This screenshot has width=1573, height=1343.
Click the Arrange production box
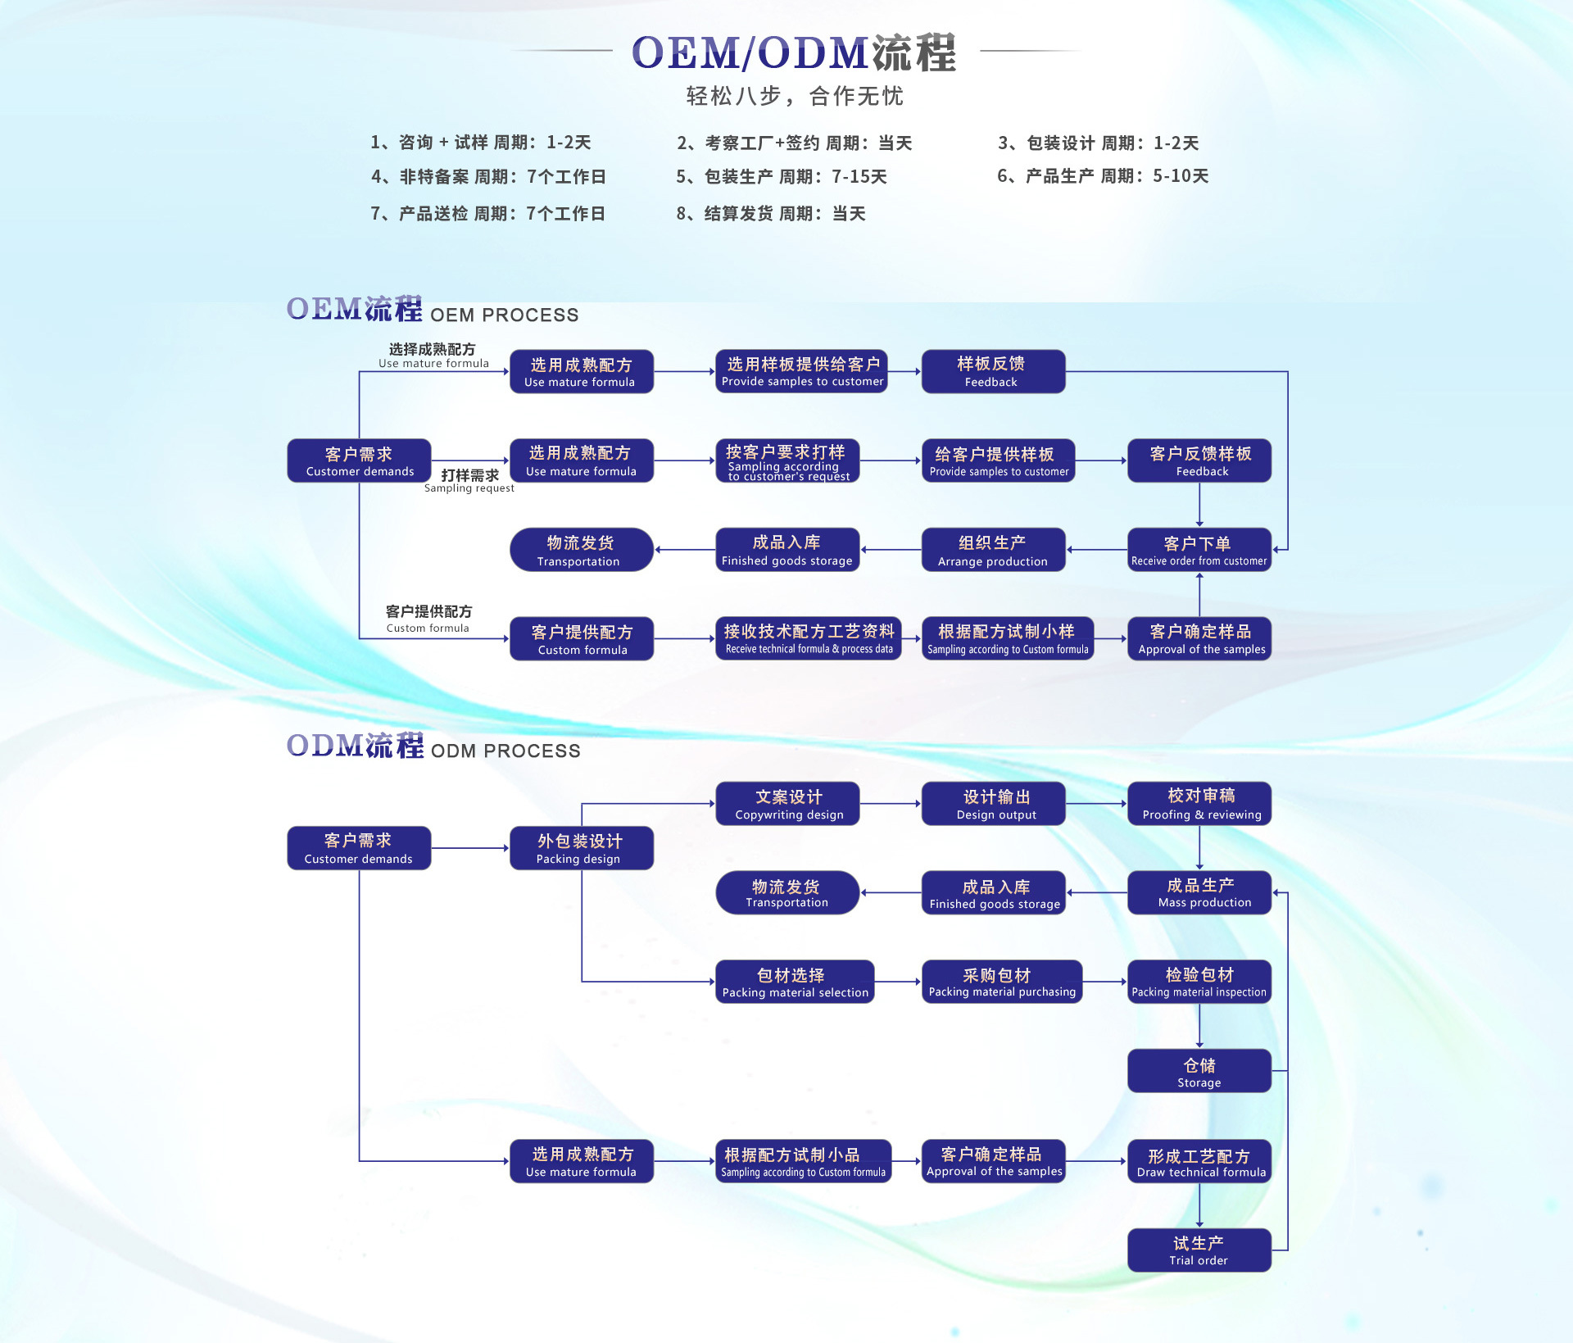(x=993, y=550)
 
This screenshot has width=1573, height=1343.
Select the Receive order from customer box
(x=1199, y=550)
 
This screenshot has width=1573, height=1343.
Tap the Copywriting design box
(x=787, y=804)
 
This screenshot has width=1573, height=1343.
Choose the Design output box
(x=993, y=804)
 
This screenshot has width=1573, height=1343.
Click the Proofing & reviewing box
(x=1199, y=804)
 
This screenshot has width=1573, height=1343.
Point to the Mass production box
(x=1199, y=892)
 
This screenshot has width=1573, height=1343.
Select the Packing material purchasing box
(x=1001, y=982)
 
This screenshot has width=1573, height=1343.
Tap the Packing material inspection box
(x=1199, y=982)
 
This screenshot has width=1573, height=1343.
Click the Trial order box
(x=1199, y=1250)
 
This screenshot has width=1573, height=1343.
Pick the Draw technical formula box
(x=1199, y=1162)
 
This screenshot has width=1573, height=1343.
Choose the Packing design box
(x=581, y=848)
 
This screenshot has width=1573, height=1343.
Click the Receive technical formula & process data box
(x=809, y=639)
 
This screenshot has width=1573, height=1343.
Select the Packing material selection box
(x=795, y=982)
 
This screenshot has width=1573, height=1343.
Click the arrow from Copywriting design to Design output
(x=891, y=804)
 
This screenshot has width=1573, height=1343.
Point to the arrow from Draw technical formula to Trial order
(x=1199, y=1206)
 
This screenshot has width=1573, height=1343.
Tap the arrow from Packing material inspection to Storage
(x=1199, y=1026)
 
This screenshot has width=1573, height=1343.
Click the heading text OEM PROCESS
(x=504, y=315)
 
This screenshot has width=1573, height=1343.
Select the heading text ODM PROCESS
(x=505, y=751)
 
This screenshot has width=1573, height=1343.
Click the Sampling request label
(x=469, y=482)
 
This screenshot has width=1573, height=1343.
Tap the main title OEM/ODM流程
(x=793, y=52)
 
